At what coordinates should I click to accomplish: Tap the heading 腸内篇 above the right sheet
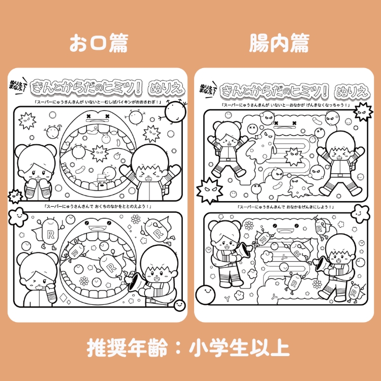278,44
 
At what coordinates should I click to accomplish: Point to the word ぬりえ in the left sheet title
164,88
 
